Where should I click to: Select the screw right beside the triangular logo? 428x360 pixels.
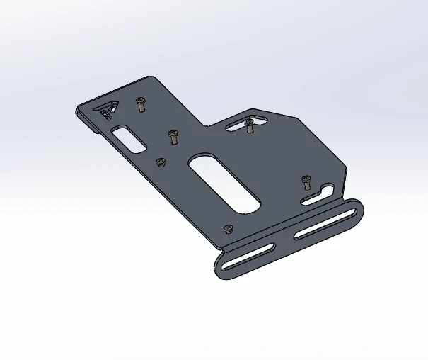click(140, 104)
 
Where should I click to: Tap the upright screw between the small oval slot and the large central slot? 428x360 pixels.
click(171, 135)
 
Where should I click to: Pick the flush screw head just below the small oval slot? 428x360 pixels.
click(161, 162)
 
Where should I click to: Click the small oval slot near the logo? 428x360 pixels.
click(127, 136)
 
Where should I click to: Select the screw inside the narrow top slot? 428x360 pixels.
click(249, 125)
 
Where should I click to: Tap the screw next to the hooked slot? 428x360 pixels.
click(306, 180)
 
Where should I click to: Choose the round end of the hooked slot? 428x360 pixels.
click(328, 189)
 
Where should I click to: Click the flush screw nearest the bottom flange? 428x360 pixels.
click(228, 229)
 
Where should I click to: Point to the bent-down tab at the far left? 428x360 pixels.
click(86, 120)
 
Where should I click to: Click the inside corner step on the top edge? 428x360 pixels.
click(205, 126)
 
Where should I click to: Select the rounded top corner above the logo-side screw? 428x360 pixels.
click(149, 77)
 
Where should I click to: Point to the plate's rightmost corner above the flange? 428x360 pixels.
click(347, 171)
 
